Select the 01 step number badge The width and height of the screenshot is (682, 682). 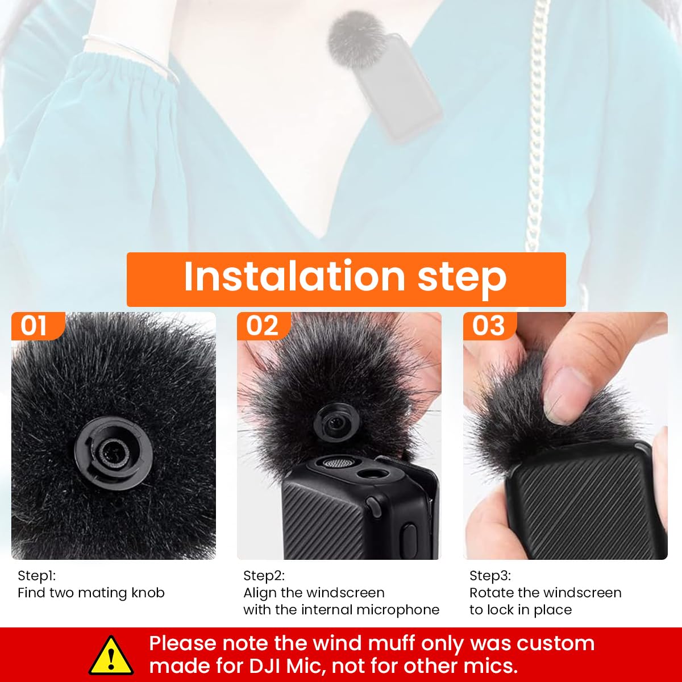(34, 326)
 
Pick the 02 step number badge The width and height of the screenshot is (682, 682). (262, 326)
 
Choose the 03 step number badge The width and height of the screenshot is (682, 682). (488, 326)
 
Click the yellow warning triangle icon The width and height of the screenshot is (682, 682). (111, 655)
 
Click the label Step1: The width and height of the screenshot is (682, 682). (37, 576)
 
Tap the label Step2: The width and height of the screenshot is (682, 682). (264, 576)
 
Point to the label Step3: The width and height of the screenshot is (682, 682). (490, 576)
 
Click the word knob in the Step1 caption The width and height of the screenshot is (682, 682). (148, 593)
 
